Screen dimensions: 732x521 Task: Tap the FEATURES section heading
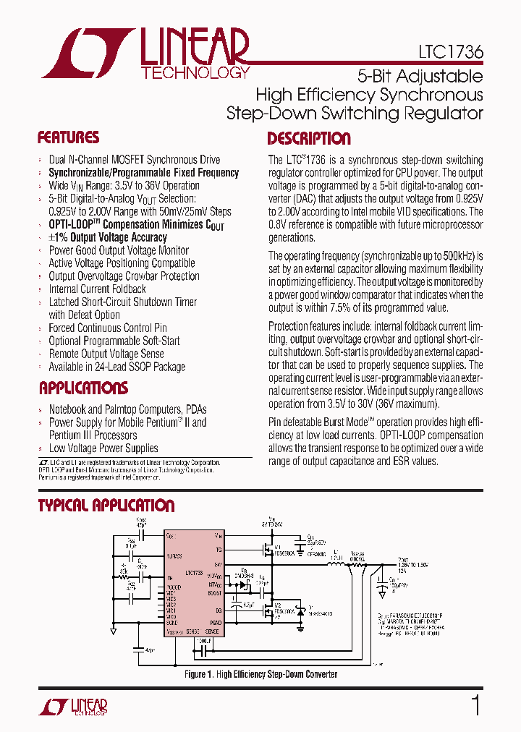click(x=68, y=138)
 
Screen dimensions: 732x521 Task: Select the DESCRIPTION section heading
click(x=309, y=139)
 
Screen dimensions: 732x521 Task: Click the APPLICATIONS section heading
click(x=83, y=388)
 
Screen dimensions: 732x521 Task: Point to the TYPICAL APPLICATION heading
click(x=106, y=506)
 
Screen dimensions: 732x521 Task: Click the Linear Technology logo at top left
click(x=145, y=54)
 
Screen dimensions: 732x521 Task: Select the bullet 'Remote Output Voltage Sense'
click(x=106, y=354)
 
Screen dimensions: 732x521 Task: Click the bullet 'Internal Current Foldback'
click(x=97, y=289)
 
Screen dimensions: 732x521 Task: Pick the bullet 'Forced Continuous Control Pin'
click(x=108, y=328)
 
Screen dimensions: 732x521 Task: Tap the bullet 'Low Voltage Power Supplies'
click(x=103, y=448)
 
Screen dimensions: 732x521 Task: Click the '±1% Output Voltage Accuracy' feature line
click(x=108, y=237)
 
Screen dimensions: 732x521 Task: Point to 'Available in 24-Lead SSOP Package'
click(x=117, y=367)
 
